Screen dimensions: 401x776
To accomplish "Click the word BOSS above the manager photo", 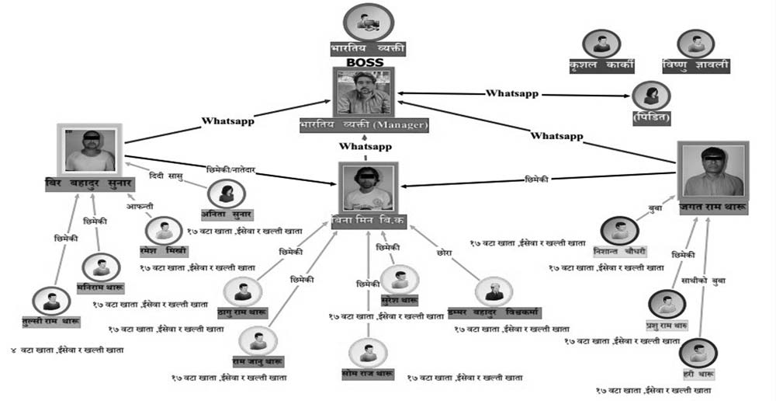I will (365, 61).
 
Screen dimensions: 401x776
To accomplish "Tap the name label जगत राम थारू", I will (712, 206).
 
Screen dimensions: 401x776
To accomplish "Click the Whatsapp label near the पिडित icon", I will (512, 93).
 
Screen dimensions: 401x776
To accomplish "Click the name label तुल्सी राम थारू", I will (51, 320).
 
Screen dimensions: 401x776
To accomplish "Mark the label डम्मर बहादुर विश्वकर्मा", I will (494, 312).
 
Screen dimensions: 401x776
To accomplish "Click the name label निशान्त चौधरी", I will (619, 250).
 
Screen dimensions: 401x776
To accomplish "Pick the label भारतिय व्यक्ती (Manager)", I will (364, 124).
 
